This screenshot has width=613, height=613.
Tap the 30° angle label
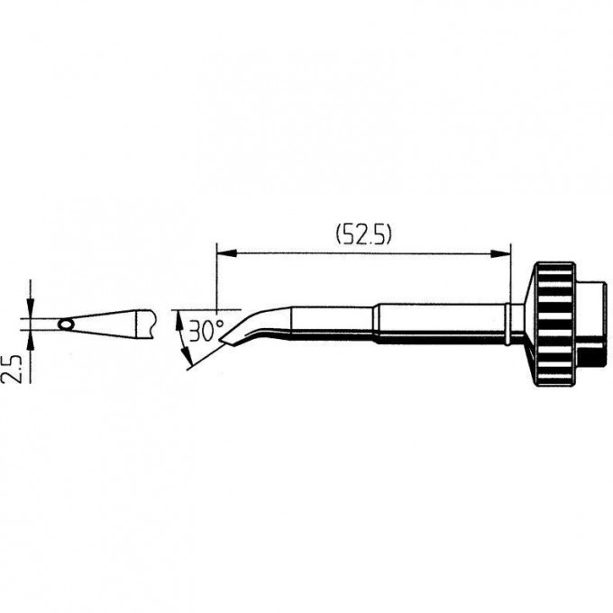(206, 330)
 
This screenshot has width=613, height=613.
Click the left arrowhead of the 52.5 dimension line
(227, 254)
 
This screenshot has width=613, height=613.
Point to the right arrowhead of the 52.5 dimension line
(501, 254)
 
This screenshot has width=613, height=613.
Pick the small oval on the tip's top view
(66, 325)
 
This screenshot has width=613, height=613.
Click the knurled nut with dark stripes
(554, 325)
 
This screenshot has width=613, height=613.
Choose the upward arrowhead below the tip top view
(31, 340)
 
